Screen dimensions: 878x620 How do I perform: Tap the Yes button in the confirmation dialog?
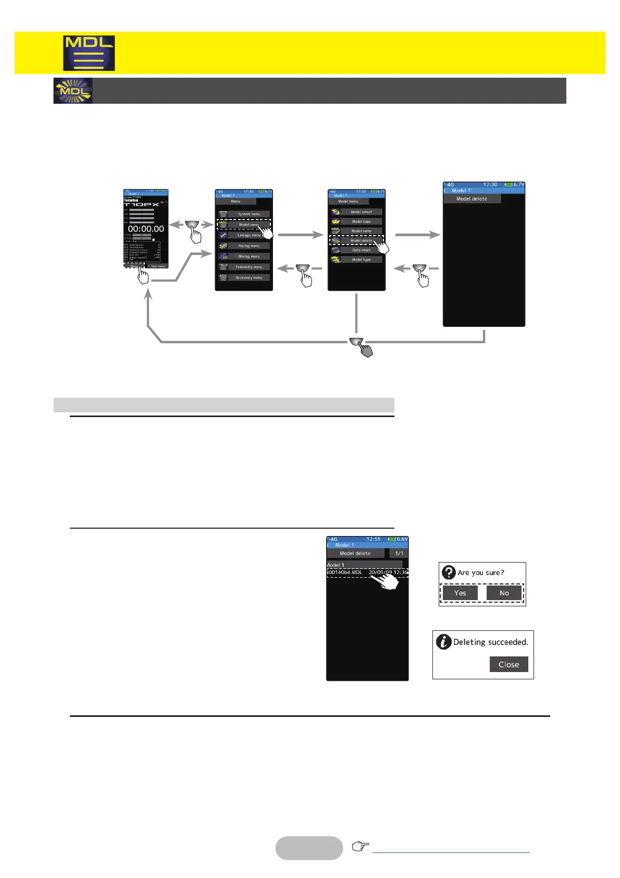point(460,593)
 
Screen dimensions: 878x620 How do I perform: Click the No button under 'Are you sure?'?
point(504,593)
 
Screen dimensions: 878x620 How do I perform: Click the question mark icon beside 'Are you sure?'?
point(449,572)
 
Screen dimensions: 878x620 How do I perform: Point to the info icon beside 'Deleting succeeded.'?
point(443,642)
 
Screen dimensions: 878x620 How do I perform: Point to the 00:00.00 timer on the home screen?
point(146,229)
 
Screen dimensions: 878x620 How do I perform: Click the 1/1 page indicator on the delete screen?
point(399,553)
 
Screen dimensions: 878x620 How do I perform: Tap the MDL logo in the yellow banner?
point(89,53)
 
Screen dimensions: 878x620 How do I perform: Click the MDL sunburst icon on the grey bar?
point(73,91)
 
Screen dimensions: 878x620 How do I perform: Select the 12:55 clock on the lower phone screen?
point(374,539)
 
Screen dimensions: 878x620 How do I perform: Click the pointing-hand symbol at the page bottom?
point(359,846)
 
